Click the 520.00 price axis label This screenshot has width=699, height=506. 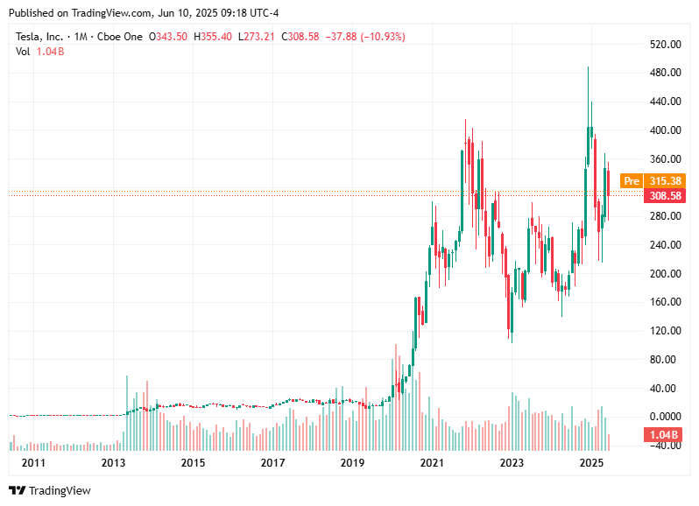pos(667,45)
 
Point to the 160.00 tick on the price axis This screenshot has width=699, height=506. pos(667,302)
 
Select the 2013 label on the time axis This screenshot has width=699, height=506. pos(113,462)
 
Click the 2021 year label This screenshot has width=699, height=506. pos(431,462)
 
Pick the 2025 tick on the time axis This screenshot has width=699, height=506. pos(592,462)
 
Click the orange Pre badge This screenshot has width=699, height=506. pos(631,181)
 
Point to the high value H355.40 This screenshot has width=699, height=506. pos(213,37)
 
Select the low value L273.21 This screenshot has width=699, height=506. pos(258,37)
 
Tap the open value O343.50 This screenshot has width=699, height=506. pos(168,37)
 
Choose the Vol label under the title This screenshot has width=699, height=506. pos(24,52)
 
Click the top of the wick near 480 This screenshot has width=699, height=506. pos(588,67)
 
